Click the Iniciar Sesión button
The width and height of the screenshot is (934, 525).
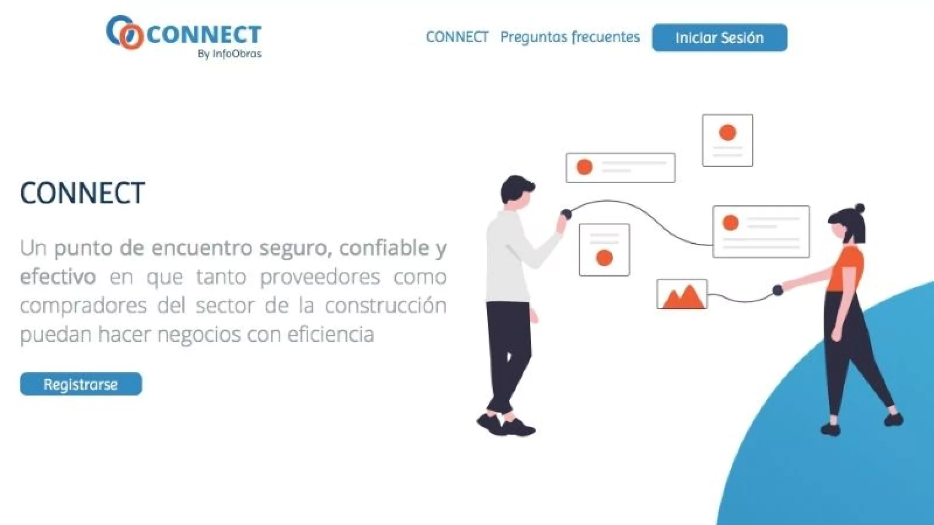pos(720,37)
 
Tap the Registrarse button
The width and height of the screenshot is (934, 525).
pos(81,384)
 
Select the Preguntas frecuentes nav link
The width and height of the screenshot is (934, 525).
pos(570,37)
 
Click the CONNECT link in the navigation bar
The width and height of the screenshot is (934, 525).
pos(457,37)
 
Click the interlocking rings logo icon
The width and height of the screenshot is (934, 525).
pos(125,33)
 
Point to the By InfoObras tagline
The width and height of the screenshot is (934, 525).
pos(230,54)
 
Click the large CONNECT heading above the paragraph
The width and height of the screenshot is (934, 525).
pos(82,192)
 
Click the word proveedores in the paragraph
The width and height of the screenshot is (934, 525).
pos(320,277)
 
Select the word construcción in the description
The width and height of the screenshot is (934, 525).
pos(386,306)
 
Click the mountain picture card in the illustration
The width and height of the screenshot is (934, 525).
pos(682,294)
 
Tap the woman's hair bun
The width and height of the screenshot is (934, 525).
pos(859,208)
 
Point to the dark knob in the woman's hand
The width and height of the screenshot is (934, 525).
pos(778,290)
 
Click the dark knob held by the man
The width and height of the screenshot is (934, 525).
pos(566,213)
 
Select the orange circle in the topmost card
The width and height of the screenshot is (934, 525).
pos(727,132)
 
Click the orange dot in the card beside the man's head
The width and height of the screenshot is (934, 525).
pos(584,167)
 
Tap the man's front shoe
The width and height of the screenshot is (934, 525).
pos(518,428)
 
